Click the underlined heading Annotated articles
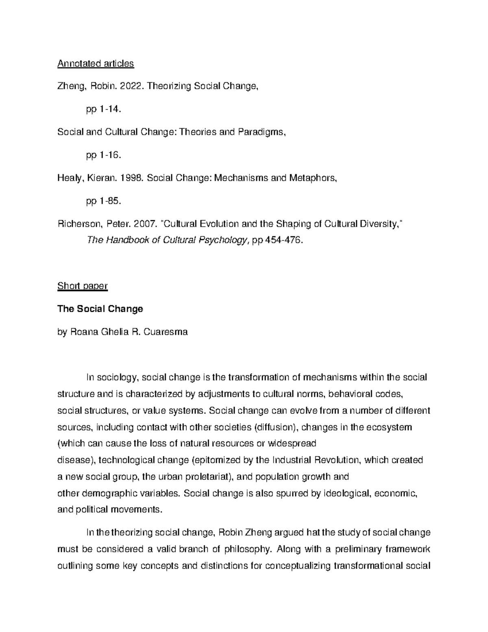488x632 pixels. pyautogui.click(x=96, y=63)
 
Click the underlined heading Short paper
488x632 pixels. pyautogui.click(x=83, y=286)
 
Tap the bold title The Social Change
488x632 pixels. pyautogui.click(x=100, y=309)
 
